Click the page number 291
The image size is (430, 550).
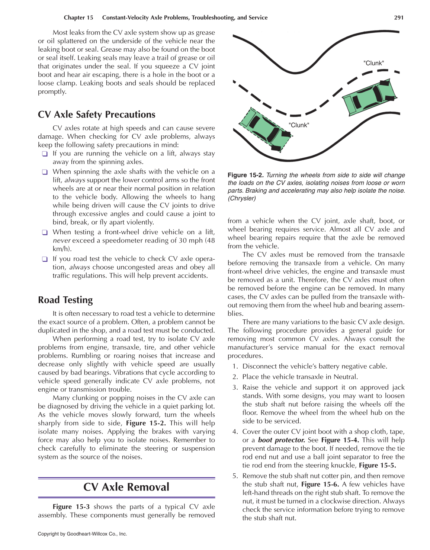tap(398, 17)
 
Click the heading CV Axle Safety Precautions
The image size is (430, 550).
tap(97, 115)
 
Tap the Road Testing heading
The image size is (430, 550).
tap(65, 300)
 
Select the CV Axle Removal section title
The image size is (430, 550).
tap(126, 487)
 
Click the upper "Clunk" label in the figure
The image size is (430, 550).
tap(373, 63)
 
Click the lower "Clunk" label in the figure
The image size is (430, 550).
tap(299, 125)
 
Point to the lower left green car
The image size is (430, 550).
tap(265, 128)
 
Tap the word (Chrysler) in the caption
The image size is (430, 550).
tap(242, 198)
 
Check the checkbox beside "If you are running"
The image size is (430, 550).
tap(45, 154)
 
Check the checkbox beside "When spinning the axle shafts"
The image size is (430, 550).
tap(45, 172)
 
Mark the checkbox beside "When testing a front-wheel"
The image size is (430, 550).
tap(45, 232)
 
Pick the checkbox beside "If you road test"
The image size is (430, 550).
tap(45, 259)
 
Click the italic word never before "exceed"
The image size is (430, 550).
tap(61, 241)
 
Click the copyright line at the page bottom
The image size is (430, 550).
tap(82, 534)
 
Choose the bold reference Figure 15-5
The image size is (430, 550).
tap(377, 466)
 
